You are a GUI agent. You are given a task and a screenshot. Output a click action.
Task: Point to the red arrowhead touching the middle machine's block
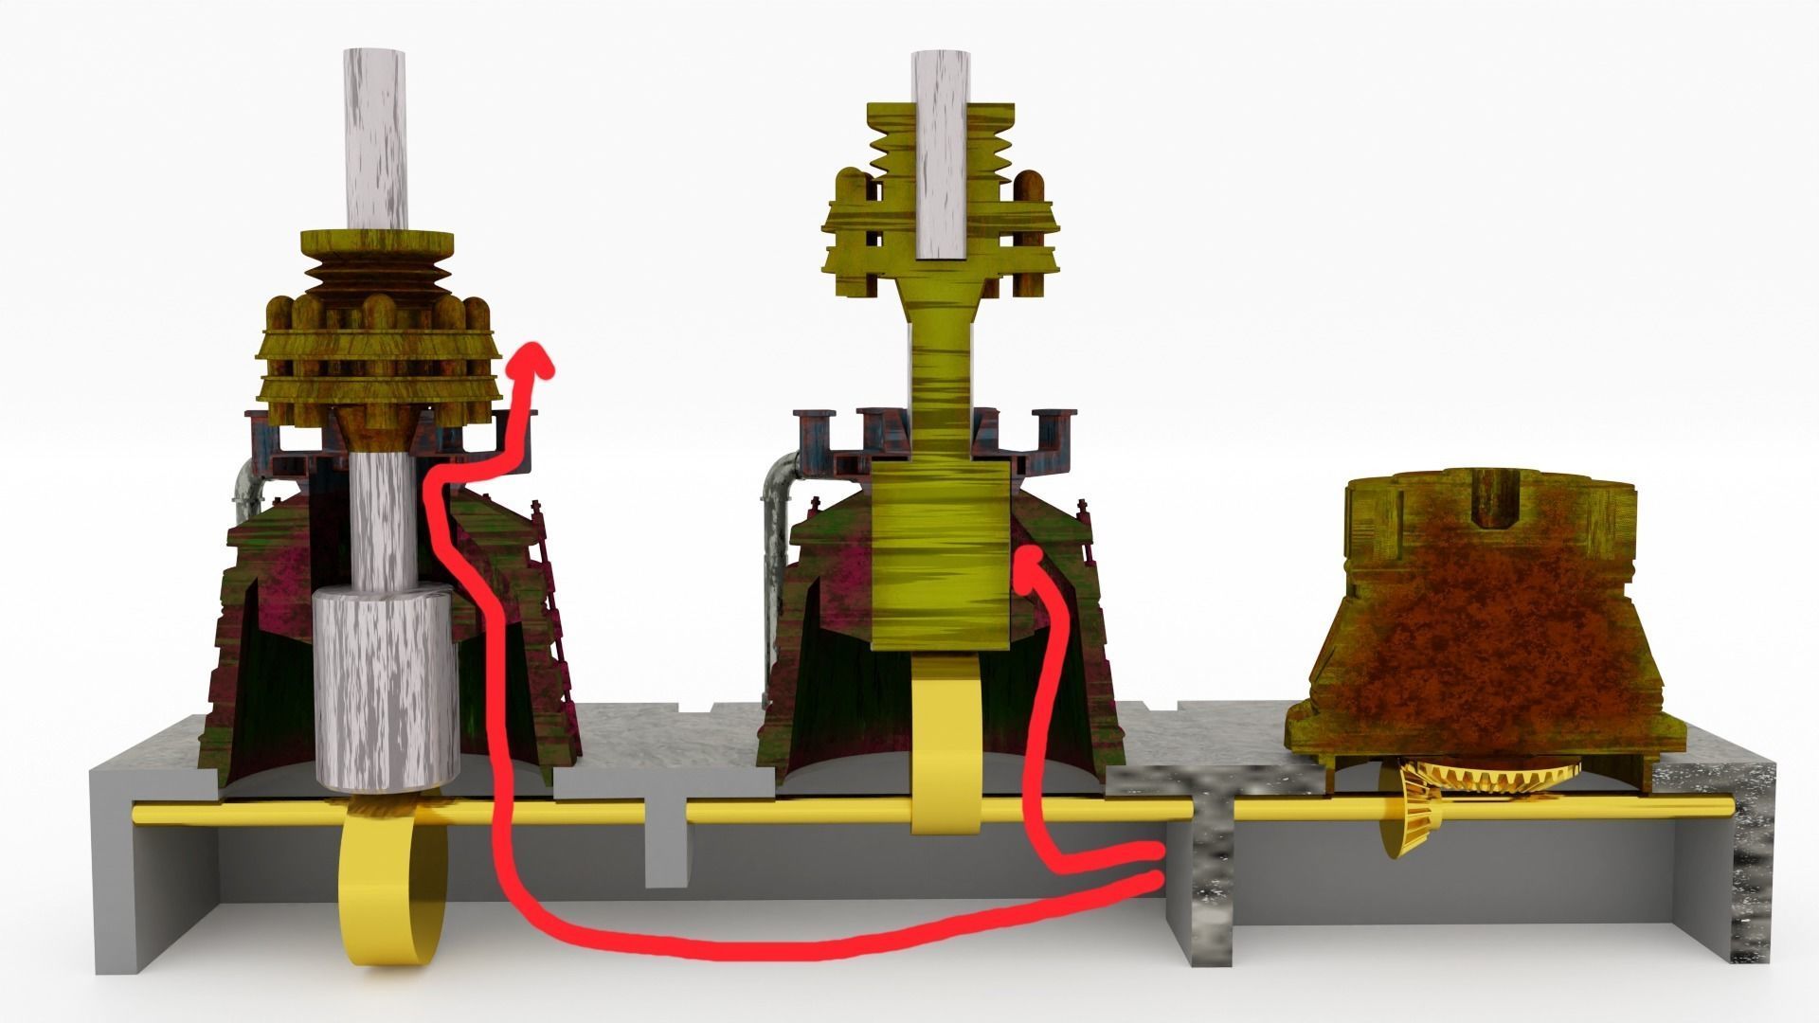[x=1029, y=566]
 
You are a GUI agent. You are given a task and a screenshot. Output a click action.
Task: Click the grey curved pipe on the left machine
[x=243, y=483]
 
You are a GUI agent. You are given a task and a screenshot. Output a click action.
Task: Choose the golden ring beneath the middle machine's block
[x=942, y=748]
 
